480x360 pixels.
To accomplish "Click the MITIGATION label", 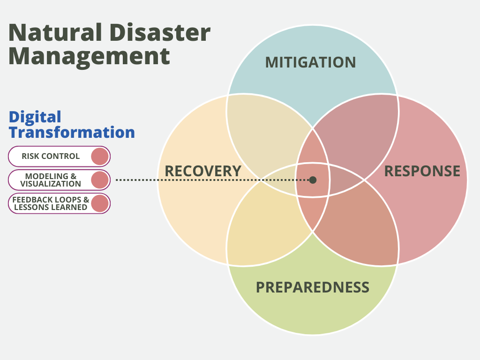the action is point(310,62).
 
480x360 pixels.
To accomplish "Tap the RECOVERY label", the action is point(203,171).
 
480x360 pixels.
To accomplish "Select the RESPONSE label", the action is point(422,171).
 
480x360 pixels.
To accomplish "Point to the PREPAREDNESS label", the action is point(313,287).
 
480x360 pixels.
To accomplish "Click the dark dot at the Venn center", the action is point(313,180).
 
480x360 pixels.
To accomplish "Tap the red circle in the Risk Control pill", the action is point(100,157).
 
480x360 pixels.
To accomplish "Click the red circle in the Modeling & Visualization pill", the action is point(100,180).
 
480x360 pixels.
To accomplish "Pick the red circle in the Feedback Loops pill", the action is point(100,203).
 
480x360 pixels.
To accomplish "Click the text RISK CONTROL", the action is point(51,156).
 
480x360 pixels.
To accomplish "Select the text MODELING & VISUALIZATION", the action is point(51,180).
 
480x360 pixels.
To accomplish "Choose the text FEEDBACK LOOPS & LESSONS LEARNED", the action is point(51,203).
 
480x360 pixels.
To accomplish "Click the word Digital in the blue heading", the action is point(35,118).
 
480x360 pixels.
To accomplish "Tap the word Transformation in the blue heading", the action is point(72,132).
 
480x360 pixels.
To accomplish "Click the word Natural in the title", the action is point(55,32).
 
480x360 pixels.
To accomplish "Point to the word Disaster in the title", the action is point(160,32).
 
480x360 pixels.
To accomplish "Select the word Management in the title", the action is point(89,57).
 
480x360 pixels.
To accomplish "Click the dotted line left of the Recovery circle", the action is point(136,180).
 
